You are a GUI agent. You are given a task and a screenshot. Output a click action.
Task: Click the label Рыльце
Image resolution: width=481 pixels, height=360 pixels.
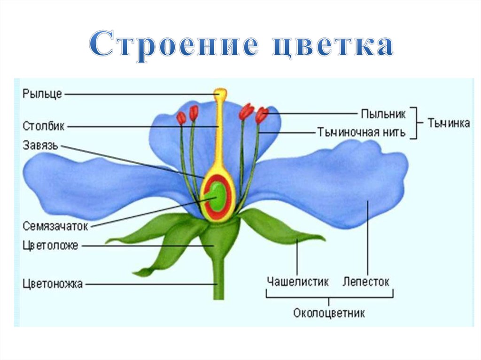tap(42, 94)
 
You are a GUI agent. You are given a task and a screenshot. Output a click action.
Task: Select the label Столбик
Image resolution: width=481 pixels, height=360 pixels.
tap(44, 126)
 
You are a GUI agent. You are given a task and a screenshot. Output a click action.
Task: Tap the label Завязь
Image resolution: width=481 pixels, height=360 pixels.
tap(40, 145)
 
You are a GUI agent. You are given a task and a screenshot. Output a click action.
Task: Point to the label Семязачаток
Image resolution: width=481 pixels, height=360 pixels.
tap(55, 226)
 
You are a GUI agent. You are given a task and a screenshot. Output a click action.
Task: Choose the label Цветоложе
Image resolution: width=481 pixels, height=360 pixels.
tap(50, 245)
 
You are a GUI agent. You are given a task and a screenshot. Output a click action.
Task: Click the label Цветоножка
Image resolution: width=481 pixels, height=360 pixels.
tap(53, 283)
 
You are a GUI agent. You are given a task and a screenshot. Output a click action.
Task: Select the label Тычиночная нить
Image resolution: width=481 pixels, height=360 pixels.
tap(361, 132)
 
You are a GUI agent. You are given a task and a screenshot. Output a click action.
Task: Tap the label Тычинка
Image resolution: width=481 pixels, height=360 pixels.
tap(449, 123)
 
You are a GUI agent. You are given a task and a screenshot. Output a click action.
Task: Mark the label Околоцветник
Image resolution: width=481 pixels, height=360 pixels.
tap(329, 313)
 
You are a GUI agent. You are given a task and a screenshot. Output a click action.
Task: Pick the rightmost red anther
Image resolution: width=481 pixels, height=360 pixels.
tap(262, 115)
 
